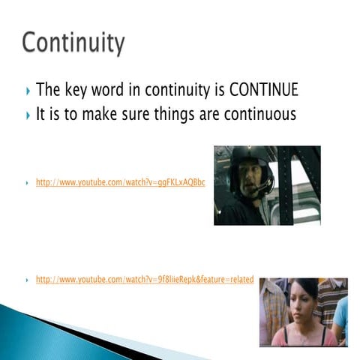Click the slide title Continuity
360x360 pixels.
tap(73, 43)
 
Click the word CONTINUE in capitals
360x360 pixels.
tap(263, 91)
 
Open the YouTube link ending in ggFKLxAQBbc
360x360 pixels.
tap(120, 182)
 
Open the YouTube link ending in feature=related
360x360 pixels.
tap(145, 280)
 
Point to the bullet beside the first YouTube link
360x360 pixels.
tap(27, 183)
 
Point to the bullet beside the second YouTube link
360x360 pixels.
tap(27, 280)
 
